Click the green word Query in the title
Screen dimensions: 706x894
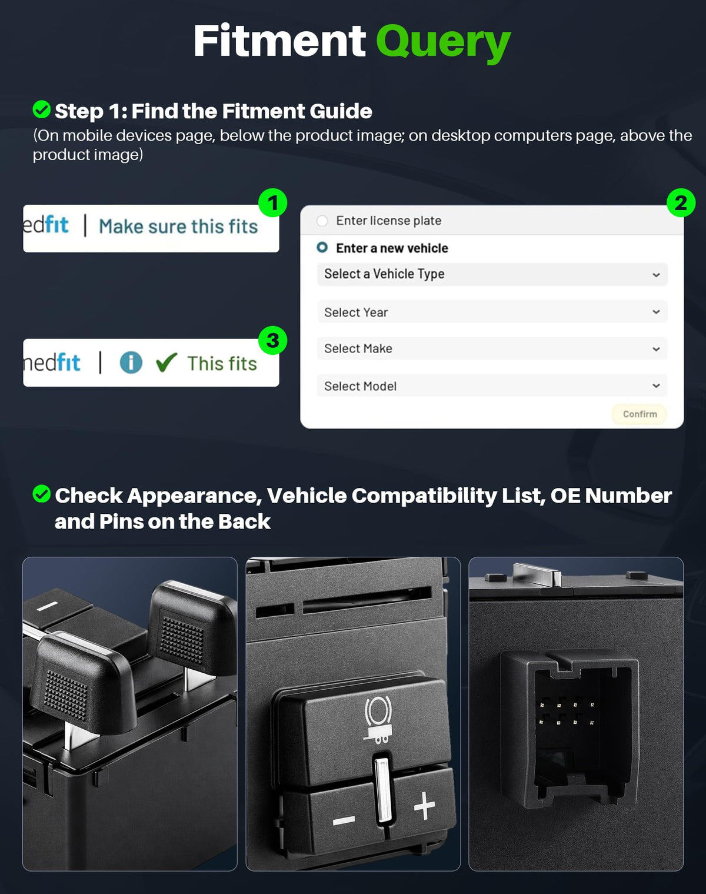[x=443, y=43]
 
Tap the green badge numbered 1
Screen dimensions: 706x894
[x=272, y=202]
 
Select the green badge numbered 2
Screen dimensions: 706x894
[x=681, y=202]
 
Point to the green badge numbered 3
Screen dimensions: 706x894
[x=272, y=340]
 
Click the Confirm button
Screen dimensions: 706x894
[x=640, y=414]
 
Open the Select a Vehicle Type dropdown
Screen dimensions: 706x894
[x=492, y=274]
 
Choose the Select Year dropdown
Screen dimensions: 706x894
[x=492, y=311]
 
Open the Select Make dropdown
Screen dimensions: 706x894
[x=492, y=348]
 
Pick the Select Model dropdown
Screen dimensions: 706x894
[x=492, y=385]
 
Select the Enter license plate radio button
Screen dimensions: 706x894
[x=322, y=221]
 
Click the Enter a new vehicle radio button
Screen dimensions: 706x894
[x=322, y=248]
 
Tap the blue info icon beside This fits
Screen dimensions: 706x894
[x=131, y=363]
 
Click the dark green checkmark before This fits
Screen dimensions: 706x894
[x=166, y=362]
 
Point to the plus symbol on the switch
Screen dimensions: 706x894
[x=424, y=805]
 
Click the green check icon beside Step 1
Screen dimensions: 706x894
[x=42, y=109]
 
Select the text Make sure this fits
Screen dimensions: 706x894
[x=178, y=227]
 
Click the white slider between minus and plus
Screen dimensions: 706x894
[x=382, y=790]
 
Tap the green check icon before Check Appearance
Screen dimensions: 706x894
[x=42, y=494]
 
